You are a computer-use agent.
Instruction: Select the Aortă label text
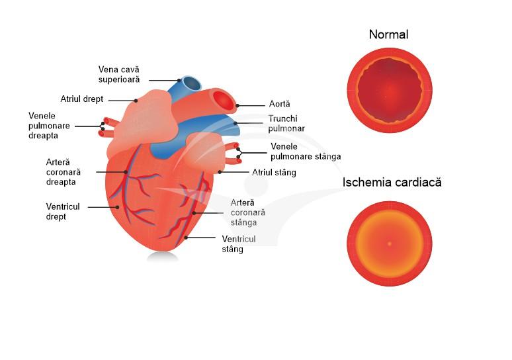point(280,104)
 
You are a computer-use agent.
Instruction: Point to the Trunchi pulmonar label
point(286,124)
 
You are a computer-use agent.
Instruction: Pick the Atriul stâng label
point(274,173)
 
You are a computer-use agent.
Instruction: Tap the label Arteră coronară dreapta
point(64,171)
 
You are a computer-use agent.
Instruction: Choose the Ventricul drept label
point(63,212)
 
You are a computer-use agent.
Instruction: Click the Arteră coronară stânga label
point(248,212)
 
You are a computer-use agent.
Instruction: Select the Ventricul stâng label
point(239,244)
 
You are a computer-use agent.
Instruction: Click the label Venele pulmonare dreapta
point(47,125)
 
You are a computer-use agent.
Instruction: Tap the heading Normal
point(389,34)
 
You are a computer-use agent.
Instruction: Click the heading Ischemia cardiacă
point(392,182)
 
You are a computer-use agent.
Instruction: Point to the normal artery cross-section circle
point(390,89)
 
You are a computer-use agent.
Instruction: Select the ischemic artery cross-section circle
point(390,244)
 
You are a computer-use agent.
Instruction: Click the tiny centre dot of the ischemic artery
point(390,244)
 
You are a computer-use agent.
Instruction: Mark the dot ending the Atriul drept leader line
point(136,101)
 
